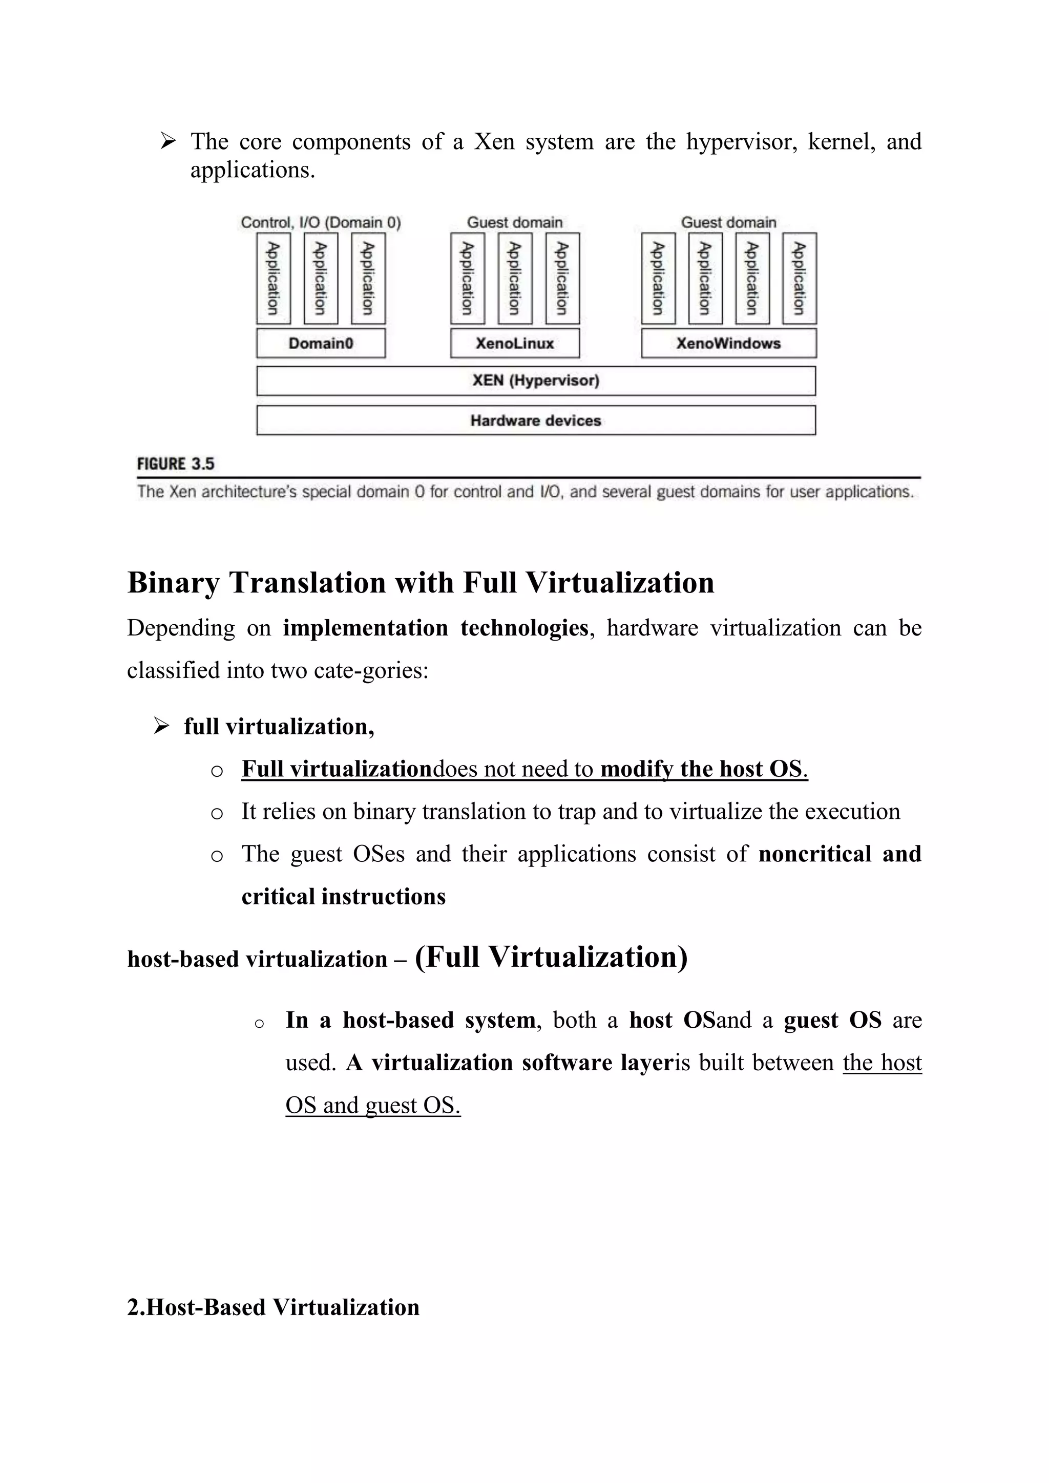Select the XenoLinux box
[x=515, y=343]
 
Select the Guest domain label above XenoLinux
[x=515, y=223]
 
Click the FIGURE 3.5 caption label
[x=175, y=464]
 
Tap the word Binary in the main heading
[x=173, y=583]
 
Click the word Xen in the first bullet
[x=494, y=141]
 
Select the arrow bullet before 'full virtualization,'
[x=161, y=727]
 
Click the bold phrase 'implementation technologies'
[x=435, y=628]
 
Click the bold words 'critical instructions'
[x=343, y=897]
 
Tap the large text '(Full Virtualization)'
[x=551, y=957]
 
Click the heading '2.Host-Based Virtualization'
[x=273, y=1307]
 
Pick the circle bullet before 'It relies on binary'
[x=217, y=814]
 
